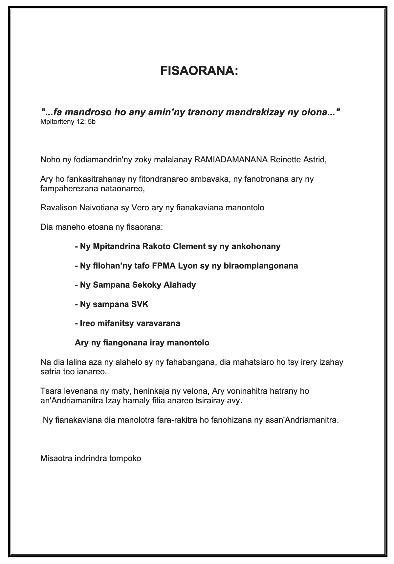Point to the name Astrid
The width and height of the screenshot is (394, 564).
[314, 160]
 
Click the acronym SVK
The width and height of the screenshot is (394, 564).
[139, 304]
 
